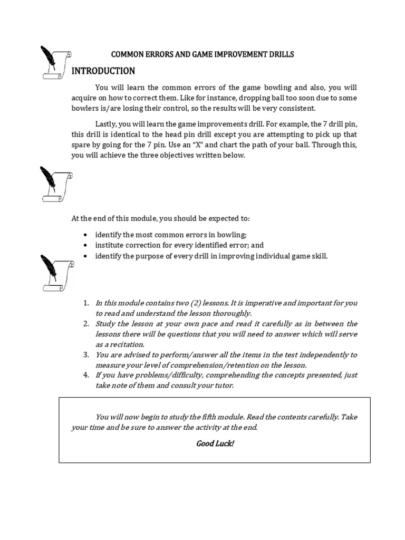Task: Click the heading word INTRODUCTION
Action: (103, 71)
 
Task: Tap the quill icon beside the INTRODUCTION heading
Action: (55, 63)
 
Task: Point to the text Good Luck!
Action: (215, 443)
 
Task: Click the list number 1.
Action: (85, 303)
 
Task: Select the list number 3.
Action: (85, 355)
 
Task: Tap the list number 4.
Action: (85, 375)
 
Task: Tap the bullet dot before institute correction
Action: (85, 246)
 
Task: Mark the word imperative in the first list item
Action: (235, 303)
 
